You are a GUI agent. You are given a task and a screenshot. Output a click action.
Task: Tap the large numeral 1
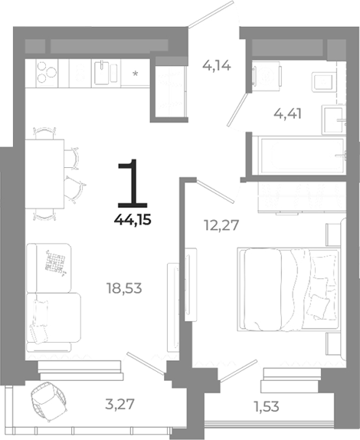click(x=134, y=183)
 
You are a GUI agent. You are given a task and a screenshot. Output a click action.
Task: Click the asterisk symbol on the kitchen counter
click(x=135, y=74)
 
